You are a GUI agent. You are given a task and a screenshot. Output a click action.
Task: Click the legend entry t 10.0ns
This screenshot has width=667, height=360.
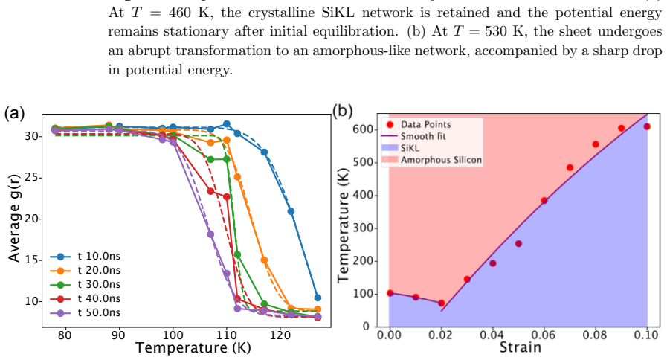point(85,256)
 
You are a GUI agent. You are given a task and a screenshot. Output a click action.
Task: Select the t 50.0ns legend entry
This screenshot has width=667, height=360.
point(85,312)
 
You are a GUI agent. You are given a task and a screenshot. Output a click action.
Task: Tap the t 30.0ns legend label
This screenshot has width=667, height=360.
point(99,284)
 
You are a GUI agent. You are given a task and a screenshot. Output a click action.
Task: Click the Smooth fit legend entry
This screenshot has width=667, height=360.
point(415,136)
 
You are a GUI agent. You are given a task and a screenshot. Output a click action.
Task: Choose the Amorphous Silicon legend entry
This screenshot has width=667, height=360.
point(432,160)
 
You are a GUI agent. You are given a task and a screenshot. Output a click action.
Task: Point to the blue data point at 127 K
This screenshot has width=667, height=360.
point(318,298)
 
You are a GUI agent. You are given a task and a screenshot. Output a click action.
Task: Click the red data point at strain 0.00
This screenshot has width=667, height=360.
point(390,293)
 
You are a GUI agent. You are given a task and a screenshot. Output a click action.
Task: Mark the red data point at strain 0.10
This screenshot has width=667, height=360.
point(647,126)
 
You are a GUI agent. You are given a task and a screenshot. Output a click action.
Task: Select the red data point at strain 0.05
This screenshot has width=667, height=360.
point(518,244)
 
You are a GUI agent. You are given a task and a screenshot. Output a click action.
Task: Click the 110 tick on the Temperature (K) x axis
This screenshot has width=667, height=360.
point(226,335)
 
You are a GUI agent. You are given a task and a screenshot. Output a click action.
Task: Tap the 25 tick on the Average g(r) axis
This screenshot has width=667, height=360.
point(32,178)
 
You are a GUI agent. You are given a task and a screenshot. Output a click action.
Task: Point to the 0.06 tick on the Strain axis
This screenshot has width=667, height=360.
point(544,335)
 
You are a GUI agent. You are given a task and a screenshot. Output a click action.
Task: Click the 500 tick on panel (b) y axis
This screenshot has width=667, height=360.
point(361,163)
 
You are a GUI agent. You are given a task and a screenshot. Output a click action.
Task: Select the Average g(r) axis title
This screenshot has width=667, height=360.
point(14,217)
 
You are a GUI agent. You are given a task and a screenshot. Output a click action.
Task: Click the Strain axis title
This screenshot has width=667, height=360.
point(521,347)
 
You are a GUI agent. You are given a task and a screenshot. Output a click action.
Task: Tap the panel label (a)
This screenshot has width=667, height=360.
point(14,113)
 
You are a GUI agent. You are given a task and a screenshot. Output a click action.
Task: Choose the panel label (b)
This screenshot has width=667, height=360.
point(343,111)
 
